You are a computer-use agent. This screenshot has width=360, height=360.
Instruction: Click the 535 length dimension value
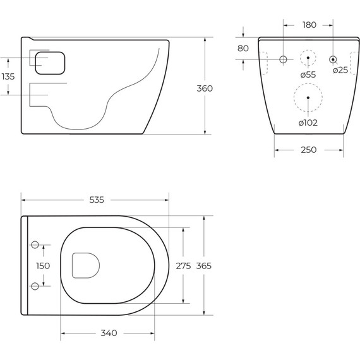(96, 200)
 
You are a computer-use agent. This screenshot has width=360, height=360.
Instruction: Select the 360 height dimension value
(205, 88)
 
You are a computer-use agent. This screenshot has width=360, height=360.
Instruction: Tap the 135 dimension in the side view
(8, 76)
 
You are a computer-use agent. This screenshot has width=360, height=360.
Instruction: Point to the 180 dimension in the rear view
(309, 25)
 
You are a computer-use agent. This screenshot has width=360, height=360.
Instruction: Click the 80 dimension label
(243, 49)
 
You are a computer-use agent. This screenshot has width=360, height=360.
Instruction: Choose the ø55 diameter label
(308, 75)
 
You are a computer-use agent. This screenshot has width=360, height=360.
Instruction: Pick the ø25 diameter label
(340, 70)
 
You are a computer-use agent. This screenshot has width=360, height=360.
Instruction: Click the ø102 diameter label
(308, 123)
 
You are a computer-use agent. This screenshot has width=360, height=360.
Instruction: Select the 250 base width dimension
(309, 150)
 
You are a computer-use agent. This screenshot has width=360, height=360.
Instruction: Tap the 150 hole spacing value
(42, 266)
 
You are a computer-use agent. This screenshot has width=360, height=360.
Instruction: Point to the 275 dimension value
(183, 266)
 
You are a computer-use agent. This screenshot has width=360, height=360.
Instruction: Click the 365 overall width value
(204, 266)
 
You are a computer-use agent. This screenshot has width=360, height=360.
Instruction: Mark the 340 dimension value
(109, 333)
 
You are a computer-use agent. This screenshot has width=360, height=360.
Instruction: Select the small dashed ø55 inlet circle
(308, 58)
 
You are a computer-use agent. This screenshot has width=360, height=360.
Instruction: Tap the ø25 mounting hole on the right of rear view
(333, 59)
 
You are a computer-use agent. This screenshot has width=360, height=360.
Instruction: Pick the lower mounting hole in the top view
(35, 287)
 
